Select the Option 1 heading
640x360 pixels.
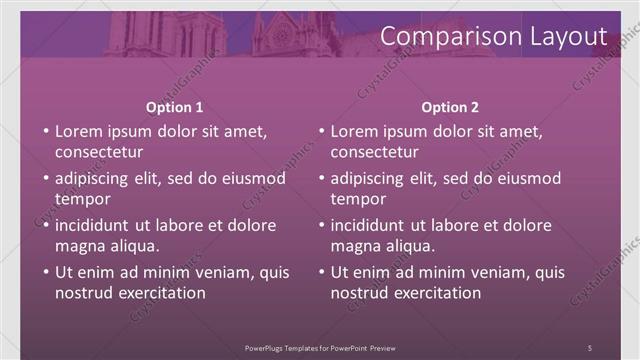[174, 107]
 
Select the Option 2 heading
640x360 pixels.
[450, 107]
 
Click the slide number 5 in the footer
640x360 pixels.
[589, 346]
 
